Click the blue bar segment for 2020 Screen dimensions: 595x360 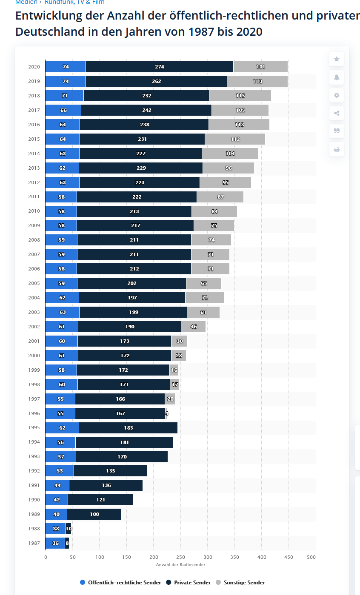click(x=65, y=67)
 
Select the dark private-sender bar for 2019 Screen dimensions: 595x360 click(x=156, y=81)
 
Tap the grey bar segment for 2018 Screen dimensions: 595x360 click(x=240, y=96)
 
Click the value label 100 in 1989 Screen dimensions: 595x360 click(x=94, y=514)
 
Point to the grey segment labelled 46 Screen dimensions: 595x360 click(x=193, y=327)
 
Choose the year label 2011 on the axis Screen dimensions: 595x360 click(x=34, y=196)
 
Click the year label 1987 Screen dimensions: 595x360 click(x=34, y=543)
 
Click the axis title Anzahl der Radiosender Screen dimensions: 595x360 click(x=180, y=564)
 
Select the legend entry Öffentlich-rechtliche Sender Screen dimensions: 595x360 click(x=120, y=583)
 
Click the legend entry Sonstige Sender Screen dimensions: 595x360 click(x=240, y=583)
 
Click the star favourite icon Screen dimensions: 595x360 click(x=337, y=59)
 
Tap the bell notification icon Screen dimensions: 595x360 click(x=337, y=77)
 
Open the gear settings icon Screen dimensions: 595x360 click(x=337, y=95)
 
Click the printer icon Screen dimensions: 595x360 click(x=337, y=149)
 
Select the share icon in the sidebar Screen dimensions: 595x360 click(x=337, y=113)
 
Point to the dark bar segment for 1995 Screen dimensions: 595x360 click(x=128, y=428)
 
